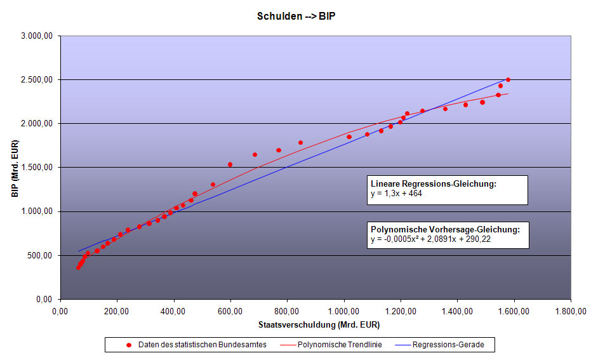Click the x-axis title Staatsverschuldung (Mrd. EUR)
[x=315, y=325]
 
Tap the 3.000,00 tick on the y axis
[x=37, y=36]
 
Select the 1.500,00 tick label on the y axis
[x=37, y=168]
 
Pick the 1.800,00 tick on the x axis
[x=570, y=312]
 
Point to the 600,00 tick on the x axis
[x=230, y=312]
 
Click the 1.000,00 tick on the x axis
[x=343, y=312]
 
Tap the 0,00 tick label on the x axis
[x=60, y=312]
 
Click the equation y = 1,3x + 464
[x=396, y=194]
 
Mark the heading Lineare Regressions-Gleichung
[x=433, y=184]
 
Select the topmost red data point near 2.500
[x=508, y=80]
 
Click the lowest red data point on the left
[x=78, y=267]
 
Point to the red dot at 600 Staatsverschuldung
[x=230, y=164]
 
